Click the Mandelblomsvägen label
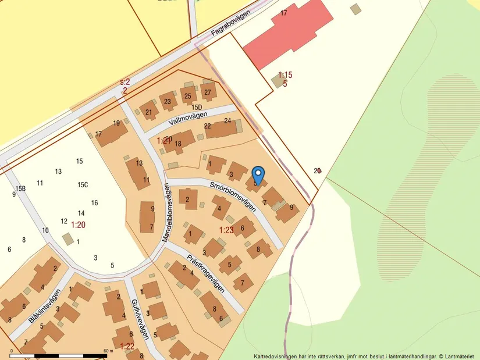pyautogui.click(x=166, y=213)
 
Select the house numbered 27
pyautogui.click(x=208, y=91)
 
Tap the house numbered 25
pyautogui.click(x=187, y=95)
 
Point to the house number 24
pyautogui.click(x=228, y=121)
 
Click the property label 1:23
pyautogui.click(x=226, y=230)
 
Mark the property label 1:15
pyautogui.click(x=285, y=75)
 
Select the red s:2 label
pyautogui.click(x=125, y=82)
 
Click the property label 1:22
pyautogui.click(x=127, y=346)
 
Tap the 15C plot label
pyautogui.click(x=82, y=185)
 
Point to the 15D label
pyautogui.click(x=197, y=107)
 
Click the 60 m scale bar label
pyautogui.click(x=107, y=351)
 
